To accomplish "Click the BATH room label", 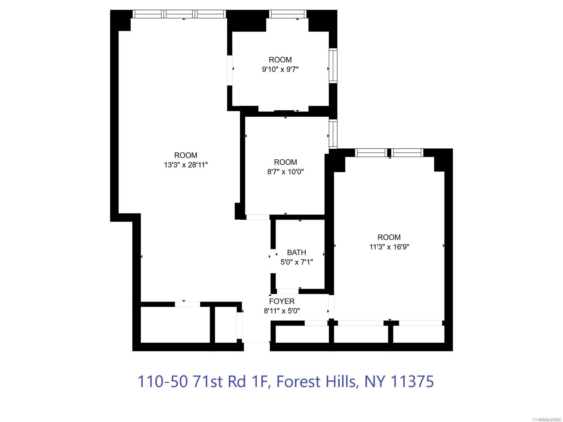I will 296,253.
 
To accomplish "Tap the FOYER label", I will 281,301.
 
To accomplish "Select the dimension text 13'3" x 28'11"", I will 186,165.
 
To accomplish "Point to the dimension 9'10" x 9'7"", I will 280,70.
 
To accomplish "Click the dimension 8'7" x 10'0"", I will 285,172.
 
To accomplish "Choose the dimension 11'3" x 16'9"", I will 389,247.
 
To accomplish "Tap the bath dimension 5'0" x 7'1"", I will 296,262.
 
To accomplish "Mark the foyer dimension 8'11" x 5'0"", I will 281,311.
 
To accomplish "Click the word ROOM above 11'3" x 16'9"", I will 389,237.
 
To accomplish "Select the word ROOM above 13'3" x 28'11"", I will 186,155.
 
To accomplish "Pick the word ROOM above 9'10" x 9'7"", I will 280,60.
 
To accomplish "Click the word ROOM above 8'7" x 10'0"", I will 285,162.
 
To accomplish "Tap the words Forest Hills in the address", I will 316,381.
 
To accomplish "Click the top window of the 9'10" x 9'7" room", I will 288,14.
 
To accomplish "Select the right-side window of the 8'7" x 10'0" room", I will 333,134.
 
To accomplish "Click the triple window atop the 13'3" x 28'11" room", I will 179,14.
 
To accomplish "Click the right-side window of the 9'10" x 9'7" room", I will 333,65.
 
